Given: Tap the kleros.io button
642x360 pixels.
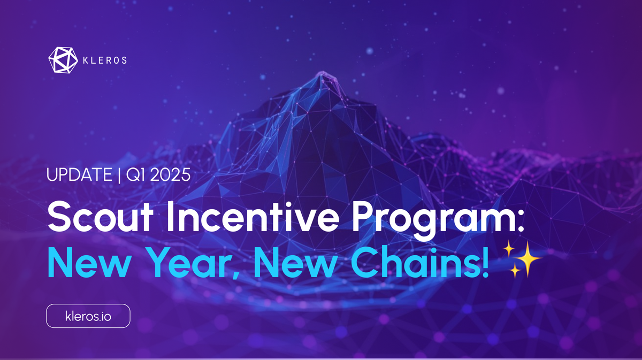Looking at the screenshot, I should point(88,316).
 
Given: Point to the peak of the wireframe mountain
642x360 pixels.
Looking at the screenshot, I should point(323,75).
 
